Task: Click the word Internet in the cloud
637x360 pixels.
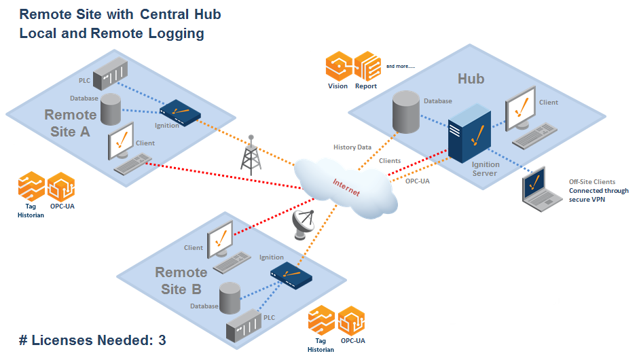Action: [346, 187]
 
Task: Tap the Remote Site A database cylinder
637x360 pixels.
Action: [111, 109]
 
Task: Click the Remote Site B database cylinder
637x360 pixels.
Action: [230, 298]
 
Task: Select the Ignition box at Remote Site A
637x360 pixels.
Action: [177, 112]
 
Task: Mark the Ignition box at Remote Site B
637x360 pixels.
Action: [291, 274]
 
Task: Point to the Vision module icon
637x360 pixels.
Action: [338, 67]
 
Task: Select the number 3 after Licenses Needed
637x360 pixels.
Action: [162, 340]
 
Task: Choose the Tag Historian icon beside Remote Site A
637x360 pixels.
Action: [31, 187]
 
